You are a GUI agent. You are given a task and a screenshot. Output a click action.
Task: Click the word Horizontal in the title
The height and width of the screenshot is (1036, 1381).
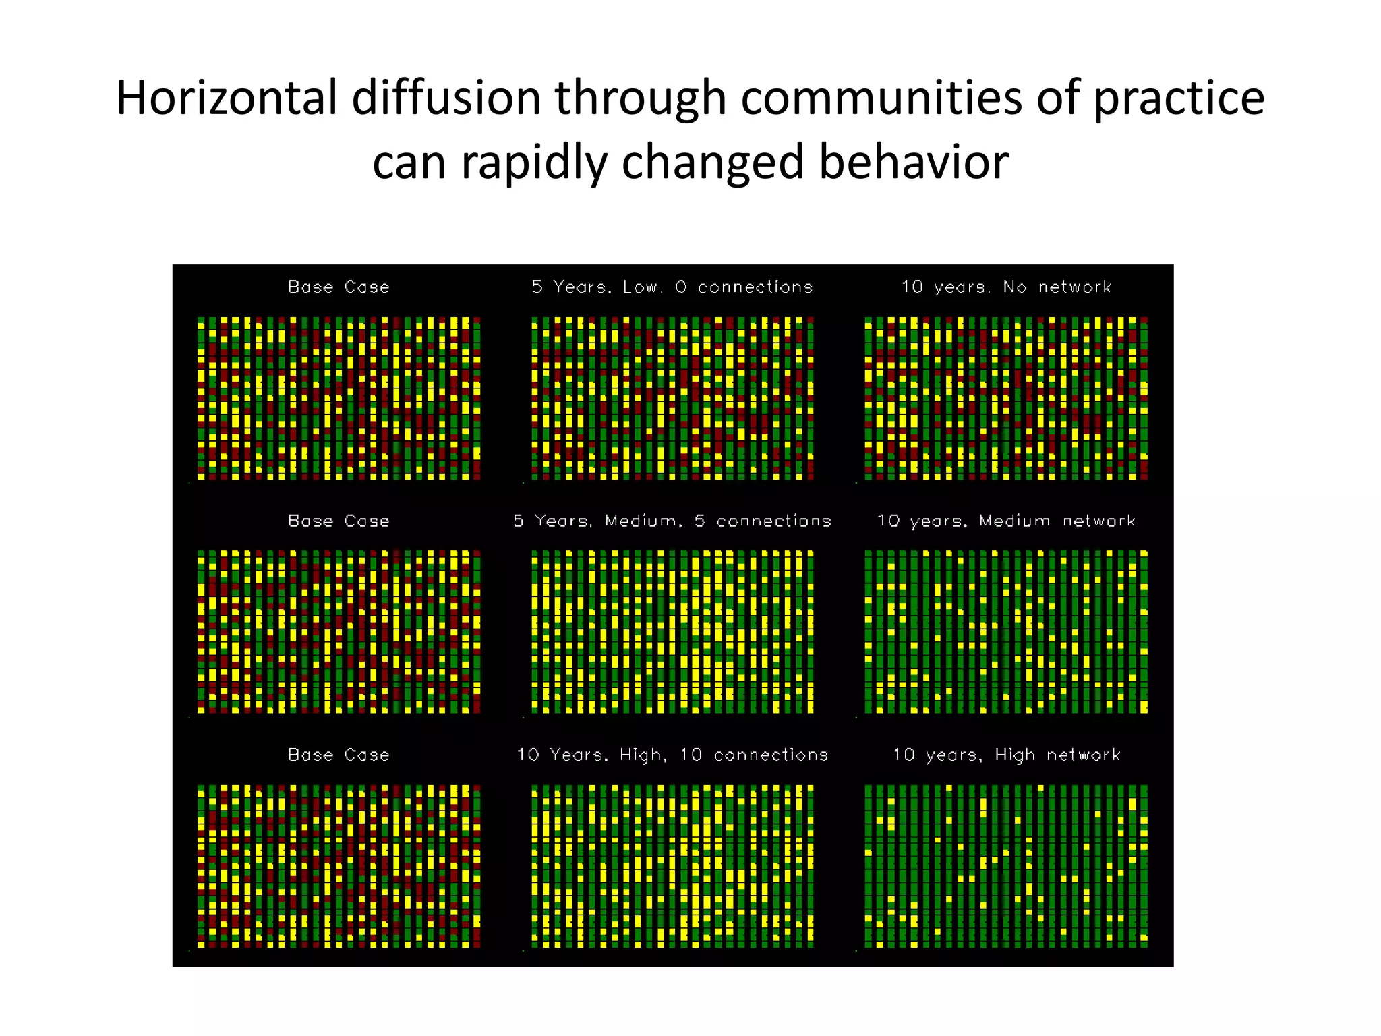tap(227, 98)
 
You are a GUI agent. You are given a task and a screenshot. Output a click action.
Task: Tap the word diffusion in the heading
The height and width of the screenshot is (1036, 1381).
tap(446, 98)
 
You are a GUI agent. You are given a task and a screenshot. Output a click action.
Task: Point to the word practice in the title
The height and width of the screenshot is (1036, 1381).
tap(1178, 98)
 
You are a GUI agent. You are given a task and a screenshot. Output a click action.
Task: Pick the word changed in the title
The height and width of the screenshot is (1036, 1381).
tap(713, 163)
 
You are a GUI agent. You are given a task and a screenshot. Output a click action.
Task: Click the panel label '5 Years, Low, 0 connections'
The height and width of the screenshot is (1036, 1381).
tap(672, 287)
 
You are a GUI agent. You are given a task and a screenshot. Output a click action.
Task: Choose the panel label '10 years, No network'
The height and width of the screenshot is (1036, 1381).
tap(1006, 287)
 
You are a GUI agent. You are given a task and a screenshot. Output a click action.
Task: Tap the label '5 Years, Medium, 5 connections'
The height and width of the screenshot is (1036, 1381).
tap(672, 521)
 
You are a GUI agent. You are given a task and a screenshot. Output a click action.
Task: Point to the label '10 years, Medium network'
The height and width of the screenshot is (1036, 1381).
tap(1006, 521)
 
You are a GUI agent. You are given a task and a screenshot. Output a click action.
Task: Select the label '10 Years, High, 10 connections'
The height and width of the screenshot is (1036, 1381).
tap(672, 755)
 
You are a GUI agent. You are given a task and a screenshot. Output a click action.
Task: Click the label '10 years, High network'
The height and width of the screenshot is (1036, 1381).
tap(1006, 755)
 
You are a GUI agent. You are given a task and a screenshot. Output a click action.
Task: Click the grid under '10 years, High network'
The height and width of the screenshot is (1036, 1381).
tap(1006, 866)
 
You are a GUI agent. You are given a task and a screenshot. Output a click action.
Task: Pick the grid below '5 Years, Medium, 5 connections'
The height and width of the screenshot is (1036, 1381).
tap(672, 632)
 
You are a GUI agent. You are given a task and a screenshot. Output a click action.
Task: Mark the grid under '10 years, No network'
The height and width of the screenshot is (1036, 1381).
tap(1006, 398)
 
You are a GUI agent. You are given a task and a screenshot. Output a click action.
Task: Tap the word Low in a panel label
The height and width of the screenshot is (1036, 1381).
tap(640, 287)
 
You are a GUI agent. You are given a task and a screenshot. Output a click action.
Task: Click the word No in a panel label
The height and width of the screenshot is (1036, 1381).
tap(1014, 287)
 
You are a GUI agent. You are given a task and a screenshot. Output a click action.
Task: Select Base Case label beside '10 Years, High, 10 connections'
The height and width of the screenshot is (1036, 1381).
tap(339, 755)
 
